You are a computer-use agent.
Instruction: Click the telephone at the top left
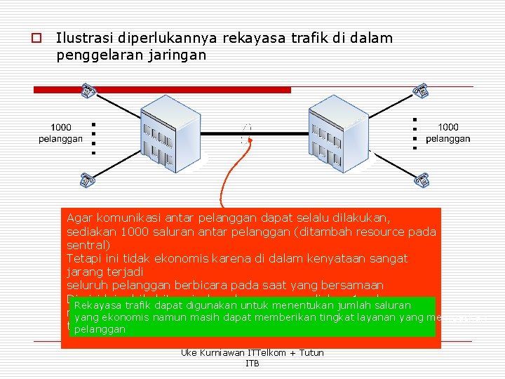click(x=88, y=91)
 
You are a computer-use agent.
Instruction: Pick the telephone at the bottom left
click(x=88, y=180)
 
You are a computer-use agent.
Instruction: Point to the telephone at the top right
click(x=421, y=91)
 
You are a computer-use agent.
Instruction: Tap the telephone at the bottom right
click(x=422, y=180)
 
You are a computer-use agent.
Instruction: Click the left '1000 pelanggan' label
click(x=60, y=133)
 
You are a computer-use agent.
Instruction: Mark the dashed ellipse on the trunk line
click(x=245, y=133)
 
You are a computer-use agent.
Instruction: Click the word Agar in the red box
click(x=81, y=218)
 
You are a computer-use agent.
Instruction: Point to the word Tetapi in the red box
click(x=85, y=258)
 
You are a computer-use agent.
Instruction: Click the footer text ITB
click(x=252, y=364)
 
